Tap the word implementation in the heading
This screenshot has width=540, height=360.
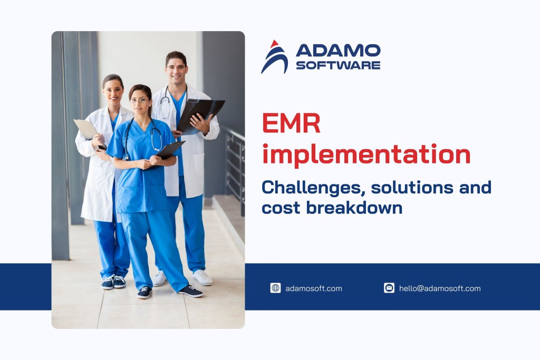[x=367, y=154]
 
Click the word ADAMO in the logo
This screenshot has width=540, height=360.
[x=338, y=51]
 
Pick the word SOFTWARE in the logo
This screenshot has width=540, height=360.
[x=338, y=65]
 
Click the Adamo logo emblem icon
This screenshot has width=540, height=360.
[x=274, y=57]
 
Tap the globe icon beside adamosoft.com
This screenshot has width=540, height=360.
[x=275, y=288]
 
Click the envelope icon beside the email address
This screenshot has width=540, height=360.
[x=389, y=288]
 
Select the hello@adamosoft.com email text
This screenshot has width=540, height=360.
[x=440, y=288]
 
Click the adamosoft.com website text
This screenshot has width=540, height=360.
[x=314, y=288]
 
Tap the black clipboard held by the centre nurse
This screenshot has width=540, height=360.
[x=169, y=150]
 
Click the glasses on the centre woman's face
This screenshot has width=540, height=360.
[x=139, y=100]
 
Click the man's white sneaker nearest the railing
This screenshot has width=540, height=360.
[x=202, y=277]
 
